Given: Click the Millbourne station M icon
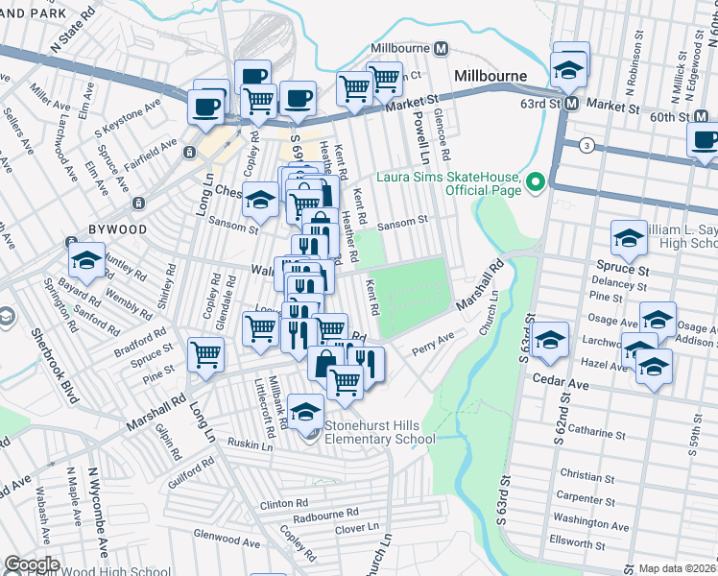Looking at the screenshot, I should (443, 48).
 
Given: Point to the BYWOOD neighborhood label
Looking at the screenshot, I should (118, 230).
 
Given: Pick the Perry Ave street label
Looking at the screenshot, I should (432, 342).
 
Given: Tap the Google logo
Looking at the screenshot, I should (32, 564).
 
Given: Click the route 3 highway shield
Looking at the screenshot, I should (585, 145).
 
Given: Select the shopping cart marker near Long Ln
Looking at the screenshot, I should (206, 353).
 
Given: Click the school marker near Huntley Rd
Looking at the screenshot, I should (85, 259).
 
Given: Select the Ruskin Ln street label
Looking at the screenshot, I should (251, 444).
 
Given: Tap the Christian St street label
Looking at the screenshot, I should (586, 476).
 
